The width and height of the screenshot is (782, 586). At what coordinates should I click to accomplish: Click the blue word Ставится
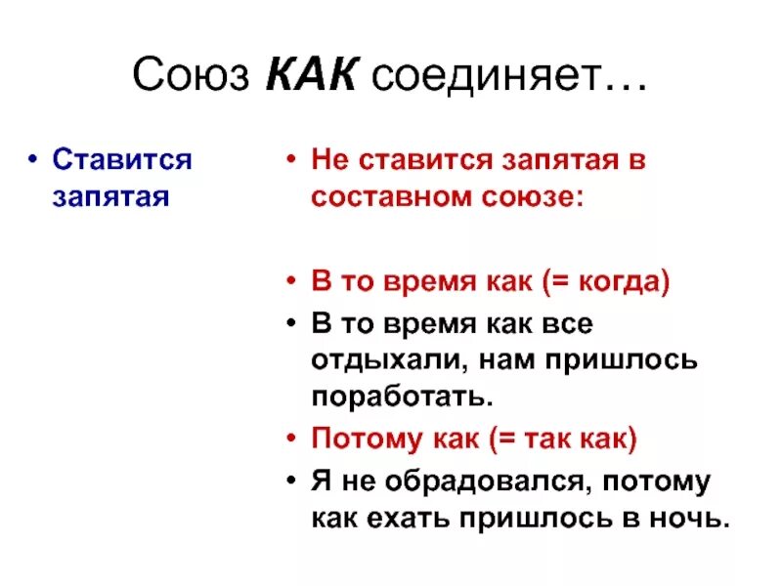(122, 160)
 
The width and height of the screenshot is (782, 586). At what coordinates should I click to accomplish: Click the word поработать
(398, 398)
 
